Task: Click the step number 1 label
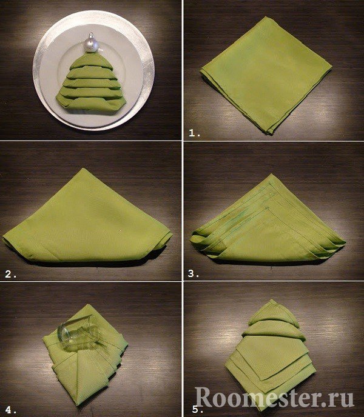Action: pyautogui.click(x=194, y=133)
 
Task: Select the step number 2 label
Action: pyautogui.click(x=11, y=274)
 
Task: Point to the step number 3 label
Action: pyautogui.click(x=194, y=274)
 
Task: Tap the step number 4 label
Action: pyautogui.click(x=12, y=409)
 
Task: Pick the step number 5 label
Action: pyautogui.click(x=196, y=409)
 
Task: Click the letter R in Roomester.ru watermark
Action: pyautogui.click(x=204, y=398)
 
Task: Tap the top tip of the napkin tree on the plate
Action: pyautogui.click(x=90, y=53)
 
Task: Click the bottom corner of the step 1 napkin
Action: pyautogui.click(x=271, y=133)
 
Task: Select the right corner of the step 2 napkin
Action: pyautogui.click(x=172, y=235)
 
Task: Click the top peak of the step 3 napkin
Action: pyautogui.click(x=271, y=174)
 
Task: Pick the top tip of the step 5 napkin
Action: pyautogui.click(x=272, y=299)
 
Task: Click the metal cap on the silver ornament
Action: pyautogui.click(x=92, y=35)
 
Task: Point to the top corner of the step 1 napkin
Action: pyautogui.click(x=266, y=17)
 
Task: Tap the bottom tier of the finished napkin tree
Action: pyautogui.click(x=91, y=104)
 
